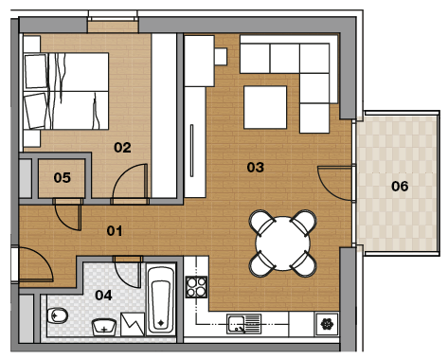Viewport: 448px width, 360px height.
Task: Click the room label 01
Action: pos(115,231)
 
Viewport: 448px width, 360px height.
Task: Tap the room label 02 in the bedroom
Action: pos(122,148)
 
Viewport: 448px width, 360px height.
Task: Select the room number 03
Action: pos(256,167)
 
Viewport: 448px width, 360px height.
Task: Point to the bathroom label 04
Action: pos(103,296)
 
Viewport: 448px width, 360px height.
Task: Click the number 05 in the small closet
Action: pos(63,177)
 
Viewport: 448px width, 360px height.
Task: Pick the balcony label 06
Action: pos(400,186)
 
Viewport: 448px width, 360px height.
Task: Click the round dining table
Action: pos(283,243)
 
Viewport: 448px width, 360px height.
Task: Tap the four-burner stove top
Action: pos(196,287)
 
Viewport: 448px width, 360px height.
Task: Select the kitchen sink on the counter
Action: pos(244,324)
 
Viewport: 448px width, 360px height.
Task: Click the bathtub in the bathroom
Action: pos(161,300)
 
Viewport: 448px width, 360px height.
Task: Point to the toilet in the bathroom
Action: pos(58,315)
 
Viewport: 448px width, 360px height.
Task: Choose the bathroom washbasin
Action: pos(104,327)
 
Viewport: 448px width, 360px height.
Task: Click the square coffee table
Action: pos(265,107)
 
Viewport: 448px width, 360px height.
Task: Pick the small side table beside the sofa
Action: pos(221,57)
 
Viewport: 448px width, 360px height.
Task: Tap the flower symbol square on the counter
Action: pos(327,324)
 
